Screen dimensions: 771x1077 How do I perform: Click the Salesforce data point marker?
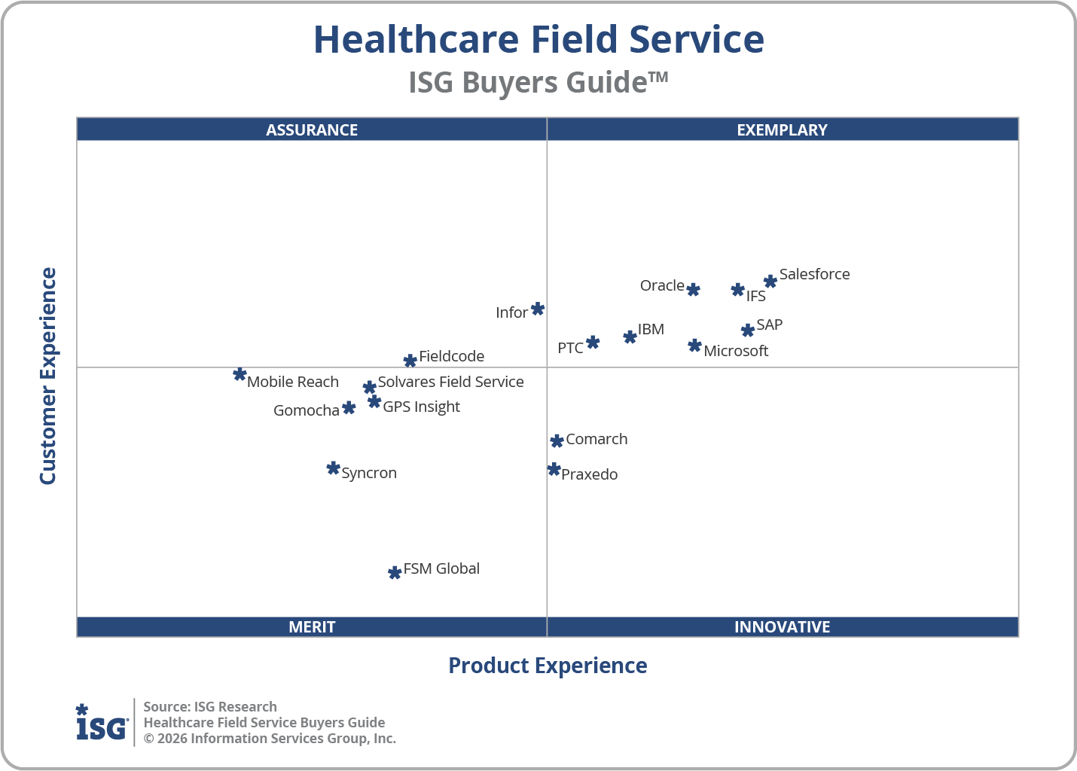770,282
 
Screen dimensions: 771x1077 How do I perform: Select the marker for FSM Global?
394,573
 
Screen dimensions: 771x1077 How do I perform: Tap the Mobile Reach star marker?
240,374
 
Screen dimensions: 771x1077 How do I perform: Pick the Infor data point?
537,309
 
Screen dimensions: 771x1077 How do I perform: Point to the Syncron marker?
333,468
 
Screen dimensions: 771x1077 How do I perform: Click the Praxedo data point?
554,470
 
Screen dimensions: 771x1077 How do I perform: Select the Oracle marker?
693,290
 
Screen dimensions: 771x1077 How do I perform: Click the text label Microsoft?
736,351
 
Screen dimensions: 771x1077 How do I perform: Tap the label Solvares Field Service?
450,382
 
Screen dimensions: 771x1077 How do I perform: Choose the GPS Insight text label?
421,407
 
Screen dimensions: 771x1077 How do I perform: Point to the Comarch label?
596,439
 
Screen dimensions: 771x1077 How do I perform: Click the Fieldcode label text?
451,356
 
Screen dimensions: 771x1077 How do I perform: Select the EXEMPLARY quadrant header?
782,130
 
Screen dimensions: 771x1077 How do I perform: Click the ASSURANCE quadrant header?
312,130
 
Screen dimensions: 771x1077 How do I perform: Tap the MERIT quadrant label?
312,626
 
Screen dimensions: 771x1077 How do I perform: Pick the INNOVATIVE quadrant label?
782,626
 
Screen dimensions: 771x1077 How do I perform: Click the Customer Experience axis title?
48,376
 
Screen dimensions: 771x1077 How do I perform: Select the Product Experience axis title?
548,666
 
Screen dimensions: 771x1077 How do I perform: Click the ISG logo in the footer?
102,723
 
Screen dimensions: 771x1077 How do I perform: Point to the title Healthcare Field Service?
538,39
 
